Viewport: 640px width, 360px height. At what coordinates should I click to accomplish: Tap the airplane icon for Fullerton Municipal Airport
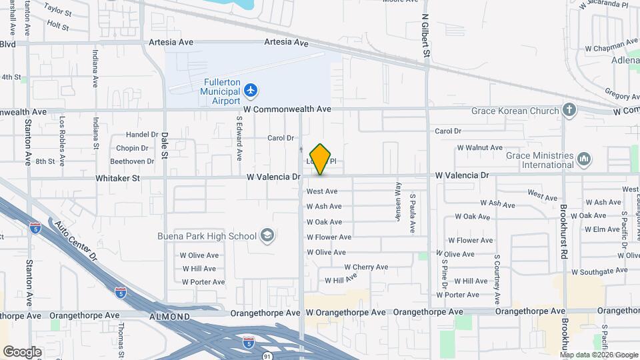pos(251,90)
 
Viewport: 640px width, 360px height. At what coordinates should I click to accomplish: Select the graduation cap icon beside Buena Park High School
pos(267,235)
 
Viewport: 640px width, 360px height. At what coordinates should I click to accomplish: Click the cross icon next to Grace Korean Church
pos(569,110)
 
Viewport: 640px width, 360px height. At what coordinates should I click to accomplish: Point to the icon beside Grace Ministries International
pos(584,159)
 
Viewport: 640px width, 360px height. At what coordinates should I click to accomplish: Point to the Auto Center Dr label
pos(76,242)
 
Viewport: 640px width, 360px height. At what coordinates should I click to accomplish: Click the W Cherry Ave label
pos(366,267)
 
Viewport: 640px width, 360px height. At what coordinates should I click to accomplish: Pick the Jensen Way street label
pos(398,197)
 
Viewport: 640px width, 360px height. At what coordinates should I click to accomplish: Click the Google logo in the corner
pos(22,351)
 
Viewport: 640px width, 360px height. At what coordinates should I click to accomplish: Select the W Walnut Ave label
pos(479,147)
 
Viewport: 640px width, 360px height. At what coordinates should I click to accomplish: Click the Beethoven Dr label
pos(132,161)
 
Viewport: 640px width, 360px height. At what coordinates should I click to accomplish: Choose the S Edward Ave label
pos(239,139)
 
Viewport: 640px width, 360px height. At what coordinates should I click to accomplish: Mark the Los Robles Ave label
pos(62,142)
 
